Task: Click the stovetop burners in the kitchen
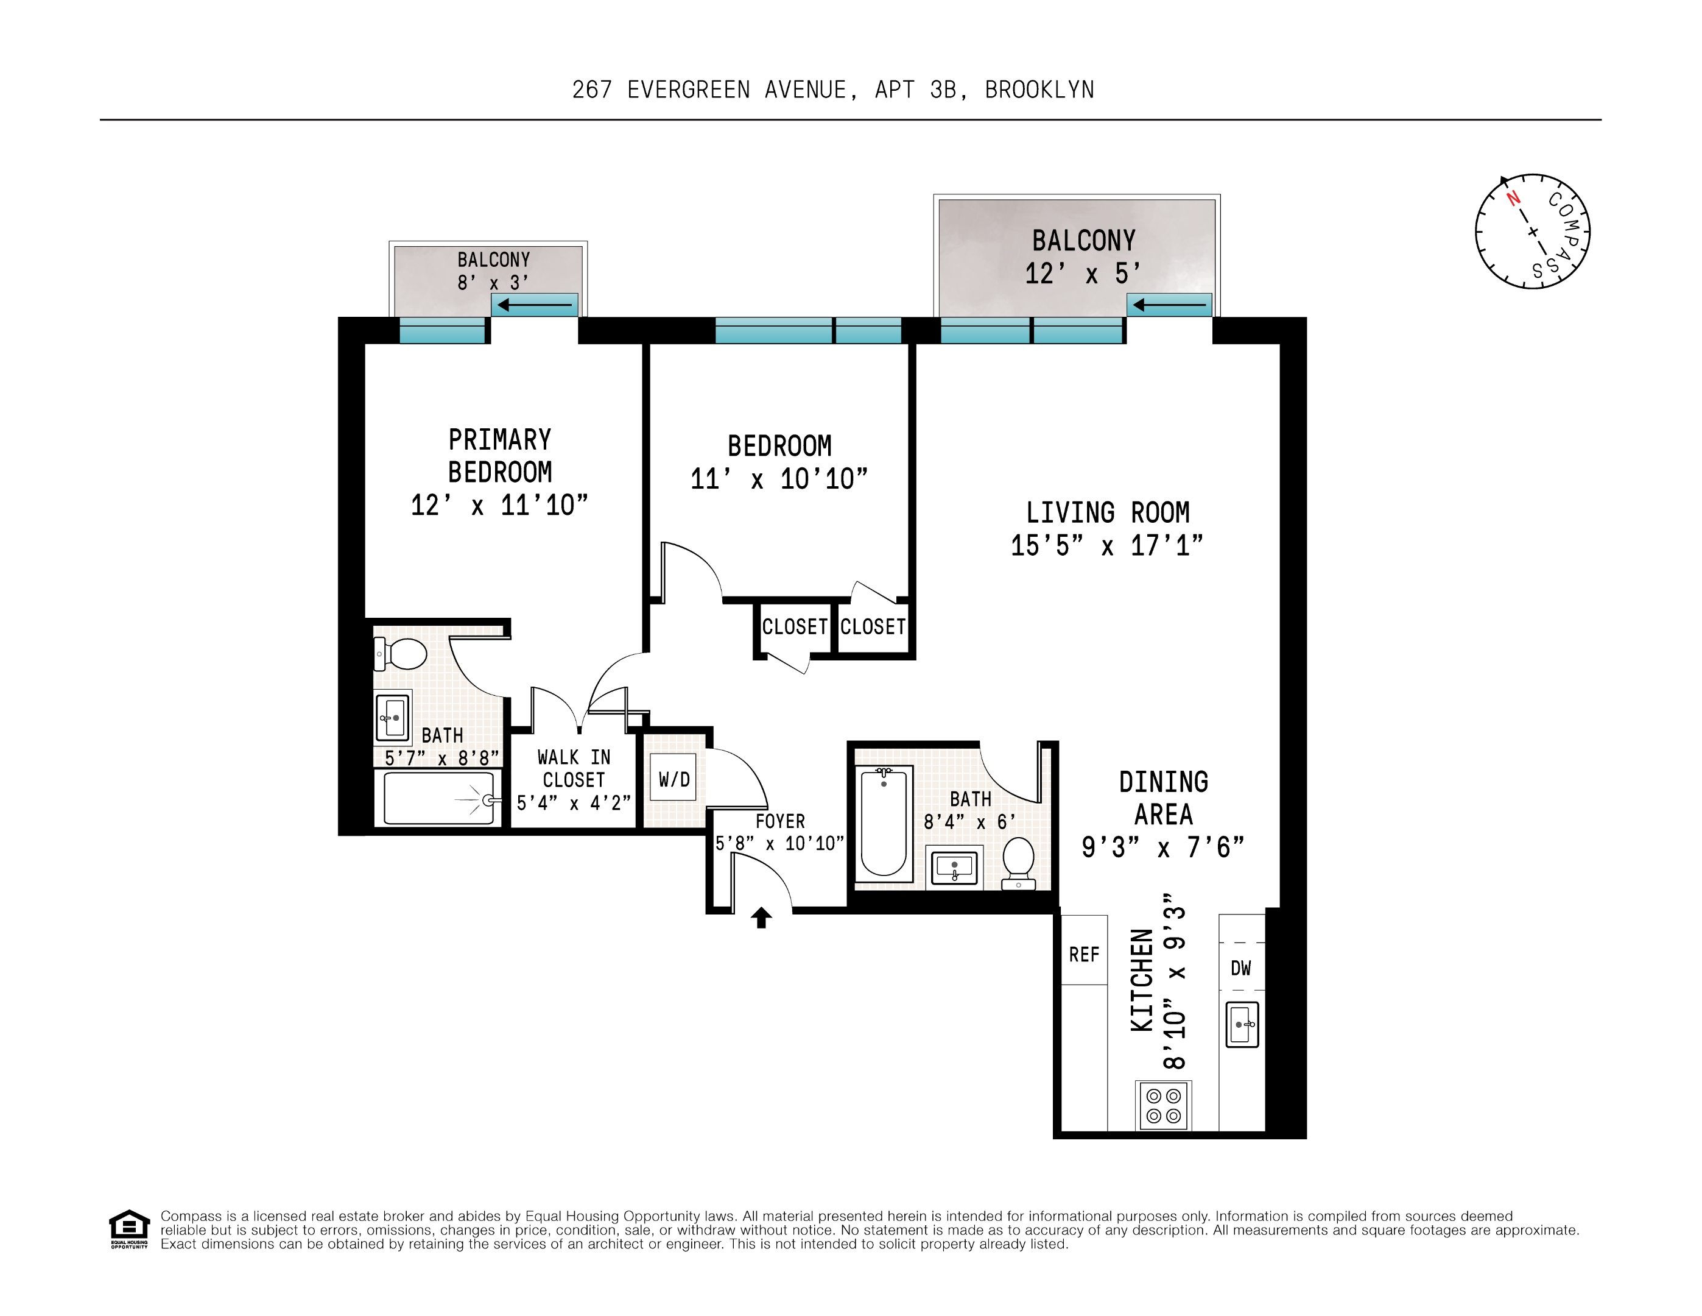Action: (1164, 1106)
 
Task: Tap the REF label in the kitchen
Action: (1084, 954)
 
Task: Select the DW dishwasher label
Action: (1240, 968)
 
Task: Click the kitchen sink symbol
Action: (1242, 1024)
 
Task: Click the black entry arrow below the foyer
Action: (761, 918)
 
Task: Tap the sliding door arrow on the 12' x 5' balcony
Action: (1169, 304)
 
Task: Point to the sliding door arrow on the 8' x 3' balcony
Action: (535, 304)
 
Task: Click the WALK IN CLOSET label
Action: (574, 769)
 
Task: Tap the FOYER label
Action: (780, 821)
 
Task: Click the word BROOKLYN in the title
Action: (1039, 90)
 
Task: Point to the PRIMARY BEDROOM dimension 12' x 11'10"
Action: (499, 505)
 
